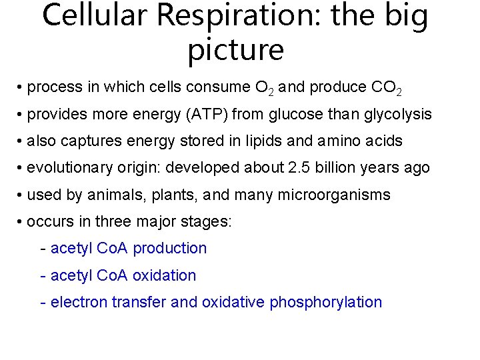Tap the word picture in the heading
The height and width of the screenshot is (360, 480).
[x=236, y=49]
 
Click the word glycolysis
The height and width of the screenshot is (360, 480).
[x=398, y=114]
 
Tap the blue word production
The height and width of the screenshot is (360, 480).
[x=170, y=249]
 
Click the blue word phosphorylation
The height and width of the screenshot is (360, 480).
[x=325, y=302]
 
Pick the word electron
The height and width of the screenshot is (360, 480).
[x=79, y=302]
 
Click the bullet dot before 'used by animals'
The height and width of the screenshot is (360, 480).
[x=21, y=195]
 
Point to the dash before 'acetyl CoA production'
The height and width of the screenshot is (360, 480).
[x=43, y=249]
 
